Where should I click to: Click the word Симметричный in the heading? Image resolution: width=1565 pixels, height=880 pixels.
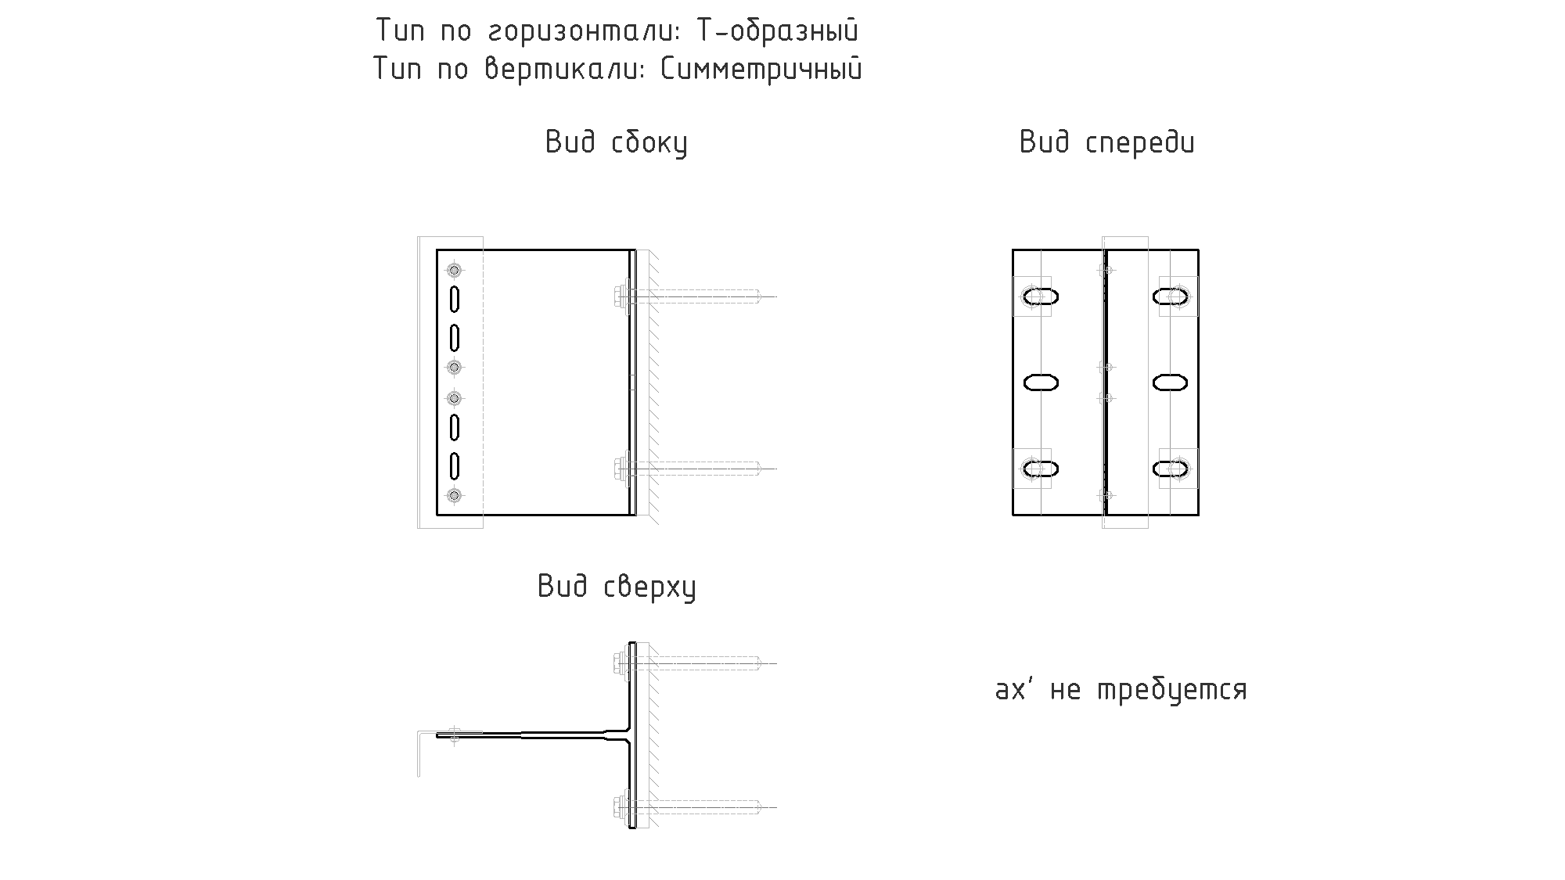[761, 70]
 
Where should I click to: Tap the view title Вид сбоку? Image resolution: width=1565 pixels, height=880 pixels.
[617, 143]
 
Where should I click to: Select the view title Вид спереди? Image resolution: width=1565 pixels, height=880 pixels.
[1107, 143]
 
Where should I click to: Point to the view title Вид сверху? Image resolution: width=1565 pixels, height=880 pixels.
[617, 587]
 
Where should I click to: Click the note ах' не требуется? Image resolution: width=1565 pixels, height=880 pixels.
[1121, 690]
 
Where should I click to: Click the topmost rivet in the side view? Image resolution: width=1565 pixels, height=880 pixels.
[454, 271]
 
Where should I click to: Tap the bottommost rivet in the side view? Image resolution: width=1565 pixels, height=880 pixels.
[454, 495]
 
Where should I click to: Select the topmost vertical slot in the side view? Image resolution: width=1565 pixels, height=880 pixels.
[454, 299]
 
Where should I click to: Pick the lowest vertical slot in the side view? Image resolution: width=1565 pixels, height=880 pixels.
[454, 465]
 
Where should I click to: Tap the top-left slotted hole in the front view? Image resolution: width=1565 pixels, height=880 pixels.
[1042, 296]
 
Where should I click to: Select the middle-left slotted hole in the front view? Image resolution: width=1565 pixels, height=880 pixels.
[1042, 383]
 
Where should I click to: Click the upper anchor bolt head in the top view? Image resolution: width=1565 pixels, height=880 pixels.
[621, 663]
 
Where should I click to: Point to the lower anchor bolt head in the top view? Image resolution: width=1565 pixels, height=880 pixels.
[621, 807]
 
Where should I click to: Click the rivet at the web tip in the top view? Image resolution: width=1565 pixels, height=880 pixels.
[455, 735]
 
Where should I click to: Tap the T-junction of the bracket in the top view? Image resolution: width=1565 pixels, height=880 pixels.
[631, 735]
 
